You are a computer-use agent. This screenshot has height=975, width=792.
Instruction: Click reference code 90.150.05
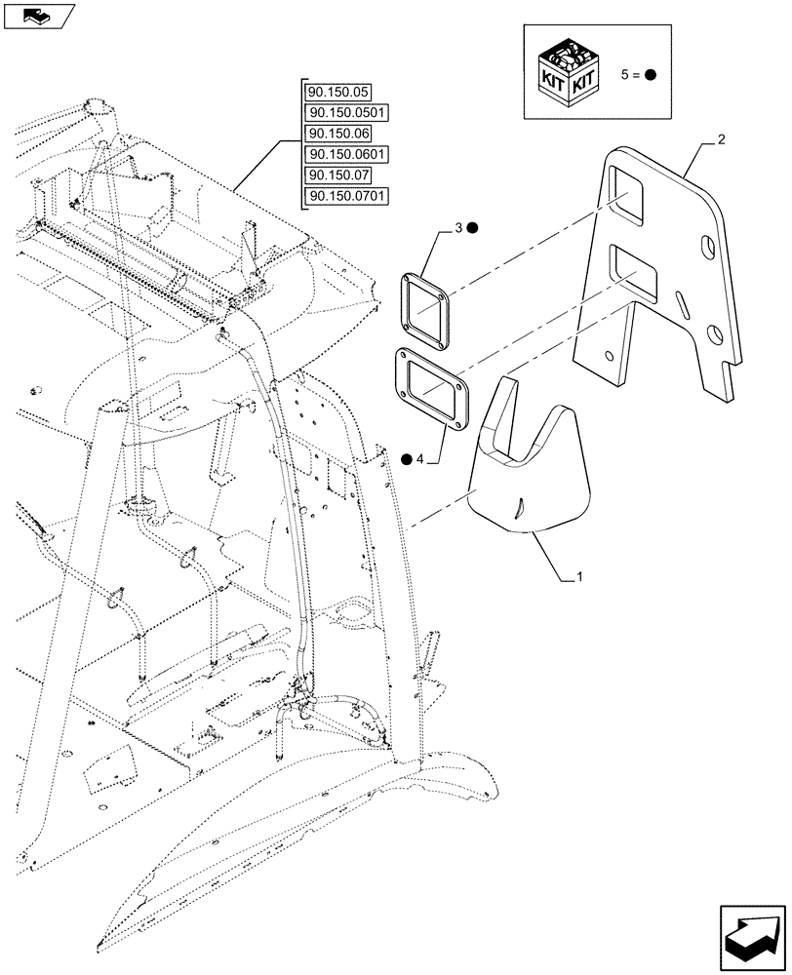(x=337, y=92)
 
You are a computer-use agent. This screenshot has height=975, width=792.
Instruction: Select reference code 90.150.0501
(x=346, y=113)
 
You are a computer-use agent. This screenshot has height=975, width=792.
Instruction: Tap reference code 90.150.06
(x=337, y=134)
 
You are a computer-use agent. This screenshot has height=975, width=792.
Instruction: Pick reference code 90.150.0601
(x=346, y=155)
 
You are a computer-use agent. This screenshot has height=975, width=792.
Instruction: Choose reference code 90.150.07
(x=337, y=175)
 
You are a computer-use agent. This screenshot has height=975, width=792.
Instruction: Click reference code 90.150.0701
(x=346, y=197)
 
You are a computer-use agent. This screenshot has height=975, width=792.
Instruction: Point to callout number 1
(x=580, y=577)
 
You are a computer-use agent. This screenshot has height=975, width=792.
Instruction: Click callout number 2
(x=721, y=140)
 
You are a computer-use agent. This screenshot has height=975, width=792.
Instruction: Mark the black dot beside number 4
(x=406, y=460)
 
